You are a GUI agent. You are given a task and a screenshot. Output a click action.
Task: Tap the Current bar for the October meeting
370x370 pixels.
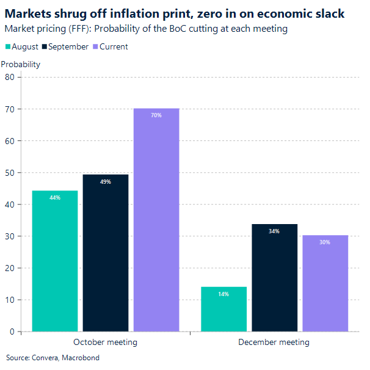click(156, 220)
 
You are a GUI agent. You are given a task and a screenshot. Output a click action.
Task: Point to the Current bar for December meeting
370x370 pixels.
click(325, 283)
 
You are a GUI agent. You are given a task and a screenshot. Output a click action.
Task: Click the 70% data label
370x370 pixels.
click(156, 115)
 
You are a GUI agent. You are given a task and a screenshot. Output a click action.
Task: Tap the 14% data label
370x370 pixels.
click(223, 294)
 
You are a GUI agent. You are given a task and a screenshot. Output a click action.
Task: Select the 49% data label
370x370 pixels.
click(106, 181)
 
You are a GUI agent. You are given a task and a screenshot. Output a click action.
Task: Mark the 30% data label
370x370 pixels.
click(325, 242)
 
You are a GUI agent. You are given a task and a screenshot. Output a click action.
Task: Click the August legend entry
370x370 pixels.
click(23, 47)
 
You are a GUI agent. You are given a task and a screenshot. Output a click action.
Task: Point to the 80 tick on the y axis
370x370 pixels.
click(10, 77)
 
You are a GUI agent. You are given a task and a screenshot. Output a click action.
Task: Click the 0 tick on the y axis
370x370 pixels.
click(12, 332)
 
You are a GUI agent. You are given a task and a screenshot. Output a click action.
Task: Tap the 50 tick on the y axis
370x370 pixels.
click(10, 172)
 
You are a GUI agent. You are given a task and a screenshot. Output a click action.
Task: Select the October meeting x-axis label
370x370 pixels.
click(105, 343)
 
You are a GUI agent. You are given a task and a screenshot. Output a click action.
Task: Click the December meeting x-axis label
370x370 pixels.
click(274, 343)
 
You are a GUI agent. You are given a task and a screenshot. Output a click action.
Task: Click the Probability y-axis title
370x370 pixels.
click(21, 64)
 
